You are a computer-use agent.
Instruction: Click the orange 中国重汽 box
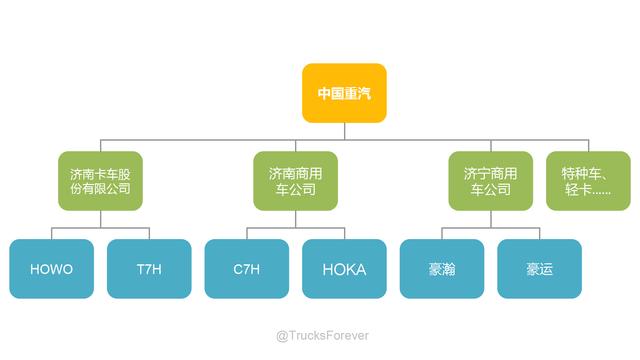click(x=345, y=93)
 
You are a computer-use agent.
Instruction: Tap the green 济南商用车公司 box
click(x=295, y=180)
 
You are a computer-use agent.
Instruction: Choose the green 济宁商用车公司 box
click(x=491, y=180)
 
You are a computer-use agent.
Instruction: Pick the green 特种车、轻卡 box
click(x=588, y=180)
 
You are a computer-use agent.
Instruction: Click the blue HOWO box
click(x=52, y=269)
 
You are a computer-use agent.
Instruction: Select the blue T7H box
click(x=149, y=269)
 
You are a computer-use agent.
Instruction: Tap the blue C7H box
click(x=246, y=269)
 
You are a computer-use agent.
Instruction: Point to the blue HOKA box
click(x=344, y=269)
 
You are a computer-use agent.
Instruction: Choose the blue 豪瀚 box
click(x=441, y=269)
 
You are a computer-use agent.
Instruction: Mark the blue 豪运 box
click(x=539, y=269)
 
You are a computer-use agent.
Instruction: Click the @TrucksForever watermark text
click(x=322, y=336)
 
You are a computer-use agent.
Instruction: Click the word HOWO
click(x=52, y=269)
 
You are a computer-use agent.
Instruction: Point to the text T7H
click(x=149, y=269)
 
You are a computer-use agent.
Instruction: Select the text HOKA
click(x=344, y=269)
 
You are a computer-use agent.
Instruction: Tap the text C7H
click(x=246, y=269)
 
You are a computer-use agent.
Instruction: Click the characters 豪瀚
click(x=441, y=269)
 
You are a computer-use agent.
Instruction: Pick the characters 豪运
click(x=539, y=269)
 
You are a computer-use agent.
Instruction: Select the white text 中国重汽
click(x=345, y=93)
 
